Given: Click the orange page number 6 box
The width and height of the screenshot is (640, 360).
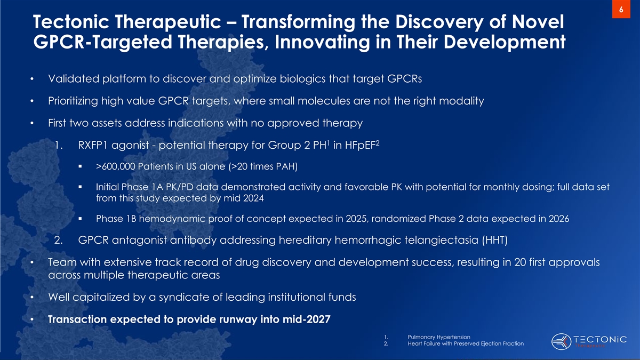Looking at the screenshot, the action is click(x=621, y=9).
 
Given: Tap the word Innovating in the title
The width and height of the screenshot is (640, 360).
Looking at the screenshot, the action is click(x=322, y=42).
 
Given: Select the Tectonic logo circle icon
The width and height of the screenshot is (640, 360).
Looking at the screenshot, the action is click(x=561, y=341).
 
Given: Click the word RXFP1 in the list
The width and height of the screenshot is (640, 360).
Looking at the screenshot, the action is click(x=93, y=146).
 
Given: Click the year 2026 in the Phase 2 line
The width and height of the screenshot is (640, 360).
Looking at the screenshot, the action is click(x=559, y=219).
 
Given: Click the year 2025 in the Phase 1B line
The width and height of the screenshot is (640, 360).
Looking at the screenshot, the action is click(x=356, y=219).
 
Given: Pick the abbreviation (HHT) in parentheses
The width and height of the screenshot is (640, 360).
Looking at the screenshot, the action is click(x=494, y=240).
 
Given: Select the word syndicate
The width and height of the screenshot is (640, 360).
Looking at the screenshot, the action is click(x=183, y=298).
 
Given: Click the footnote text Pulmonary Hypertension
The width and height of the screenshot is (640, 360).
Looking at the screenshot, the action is click(x=439, y=337).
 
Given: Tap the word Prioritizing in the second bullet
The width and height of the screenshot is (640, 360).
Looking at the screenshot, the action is click(x=73, y=101).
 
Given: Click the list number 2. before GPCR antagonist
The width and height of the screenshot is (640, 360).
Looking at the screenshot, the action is click(x=58, y=241).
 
